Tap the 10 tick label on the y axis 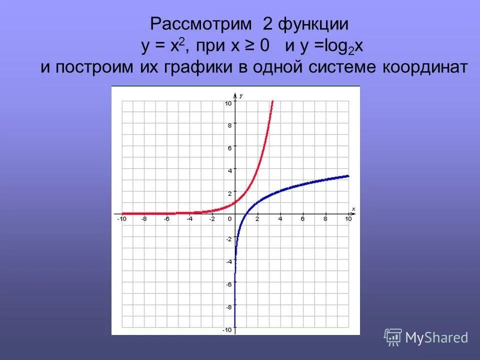click(x=228, y=103)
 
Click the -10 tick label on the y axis click(x=227, y=330)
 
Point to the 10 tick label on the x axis click(x=348, y=219)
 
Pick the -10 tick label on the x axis click(x=121, y=219)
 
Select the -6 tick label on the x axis click(x=166, y=219)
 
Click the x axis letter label click(x=353, y=208)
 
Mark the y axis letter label click(x=241, y=95)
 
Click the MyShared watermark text click(x=436, y=337)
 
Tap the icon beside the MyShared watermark click(x=393, y=337)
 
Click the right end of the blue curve click(x=348, y=175)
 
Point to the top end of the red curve click(x=272, y=101)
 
